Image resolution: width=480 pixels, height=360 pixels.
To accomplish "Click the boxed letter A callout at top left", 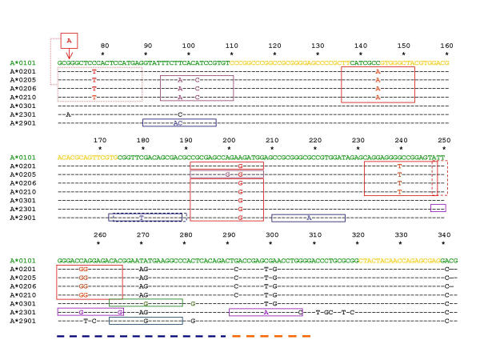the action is pyautogui.click(x=70, y=40).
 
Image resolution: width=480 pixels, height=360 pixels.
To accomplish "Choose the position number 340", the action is pyautogui.click(x=445, y=234).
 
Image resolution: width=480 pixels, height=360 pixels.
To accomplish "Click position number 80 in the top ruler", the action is pyautogui.click(x=103, y=46).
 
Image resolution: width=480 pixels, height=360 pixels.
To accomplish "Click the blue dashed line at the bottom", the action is pyautogui.click(x=141, y=336).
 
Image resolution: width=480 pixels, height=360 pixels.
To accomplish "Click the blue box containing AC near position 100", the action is pyautogui.click(x=179, y=122).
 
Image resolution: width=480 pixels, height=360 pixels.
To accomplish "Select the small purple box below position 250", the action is pyautogui.click(x=438, y=208).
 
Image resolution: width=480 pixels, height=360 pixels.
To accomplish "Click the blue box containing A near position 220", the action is pyautogui.click(x=308, y=217).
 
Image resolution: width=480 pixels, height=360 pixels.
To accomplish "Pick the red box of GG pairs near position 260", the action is pyautogui.click(x=90, y=282).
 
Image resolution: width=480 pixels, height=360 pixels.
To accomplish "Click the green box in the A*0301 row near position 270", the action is pyautogui.click(x=146, y=303).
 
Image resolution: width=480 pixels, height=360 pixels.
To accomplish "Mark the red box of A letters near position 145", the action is pyautogui.click(x=378, y=84).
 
